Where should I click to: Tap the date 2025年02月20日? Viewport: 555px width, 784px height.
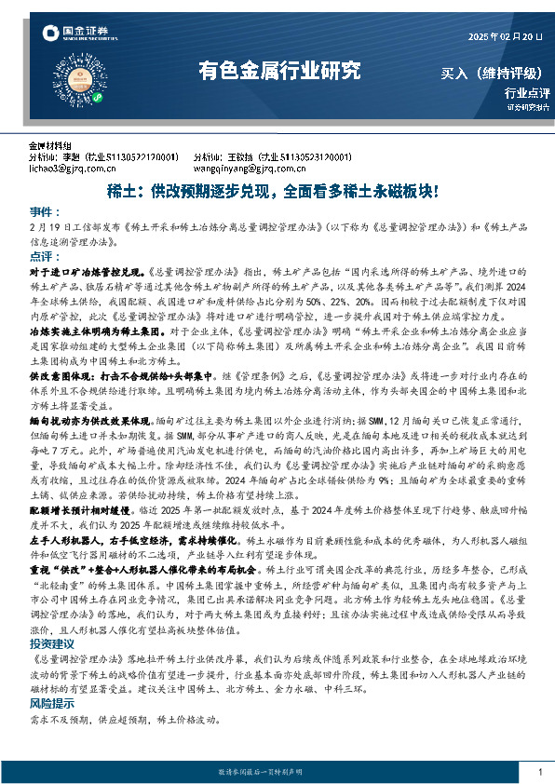coord(503,36)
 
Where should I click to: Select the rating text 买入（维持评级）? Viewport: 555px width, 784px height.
coord(494,73)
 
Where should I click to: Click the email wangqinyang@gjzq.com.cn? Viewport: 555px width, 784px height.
coord(242,169)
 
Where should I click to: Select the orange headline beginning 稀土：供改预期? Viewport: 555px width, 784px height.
coord(278,190)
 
